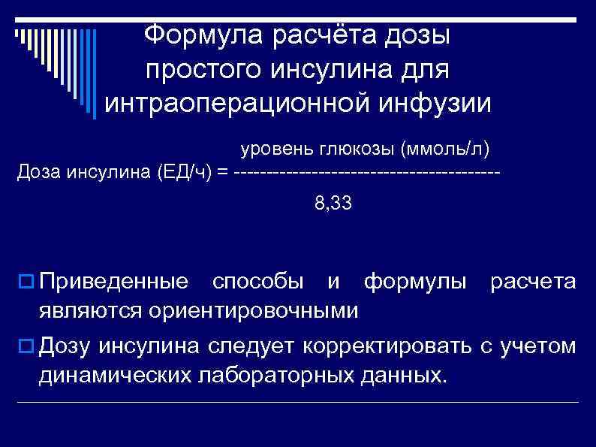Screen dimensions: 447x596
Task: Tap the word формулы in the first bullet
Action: point(415,282)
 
